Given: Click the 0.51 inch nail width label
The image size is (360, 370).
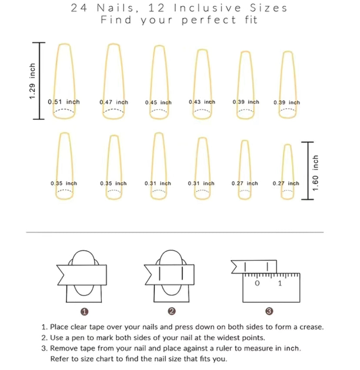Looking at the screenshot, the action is click(x=64, y=102).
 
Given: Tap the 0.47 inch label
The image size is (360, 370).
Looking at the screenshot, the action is click(x=114, y=102).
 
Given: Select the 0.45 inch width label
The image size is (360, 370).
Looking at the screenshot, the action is click(x=158, y=103).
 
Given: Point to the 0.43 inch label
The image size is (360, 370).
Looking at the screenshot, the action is click(x=202, y=102).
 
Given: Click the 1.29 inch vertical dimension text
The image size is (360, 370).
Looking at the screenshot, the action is click(x=32, y=81).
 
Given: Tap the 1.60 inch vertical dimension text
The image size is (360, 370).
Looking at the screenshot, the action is click(x=315, y=173).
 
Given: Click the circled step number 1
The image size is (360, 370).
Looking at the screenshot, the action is click(x=84, y=312).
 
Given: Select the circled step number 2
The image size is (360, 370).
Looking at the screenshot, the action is click(x=172, y=311).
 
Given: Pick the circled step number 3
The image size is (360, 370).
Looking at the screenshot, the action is click(x=269, y=311).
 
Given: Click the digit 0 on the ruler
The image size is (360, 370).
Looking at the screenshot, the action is click(x=257, y=283).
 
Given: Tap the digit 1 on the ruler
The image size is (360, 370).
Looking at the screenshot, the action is click(x=280, y=283).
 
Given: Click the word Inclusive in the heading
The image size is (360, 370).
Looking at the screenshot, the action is click(x=207, y=8).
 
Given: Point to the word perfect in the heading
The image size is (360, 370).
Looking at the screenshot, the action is click(x=209, y=20).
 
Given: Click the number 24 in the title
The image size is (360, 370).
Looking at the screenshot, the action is click(x=79, y=8).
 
